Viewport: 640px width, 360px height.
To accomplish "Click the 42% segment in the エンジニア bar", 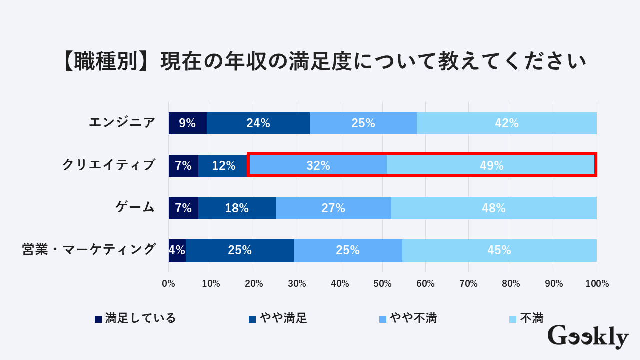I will click(x=507, y=123).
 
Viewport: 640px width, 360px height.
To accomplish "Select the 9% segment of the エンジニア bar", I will click(x=187, y=123).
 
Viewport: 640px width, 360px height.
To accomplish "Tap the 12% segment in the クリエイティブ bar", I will click(x=223, y=166).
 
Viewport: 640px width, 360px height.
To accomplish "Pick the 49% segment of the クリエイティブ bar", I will click(x=491, y=166).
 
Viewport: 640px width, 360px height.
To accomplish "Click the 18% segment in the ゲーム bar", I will click(x=237, y=208).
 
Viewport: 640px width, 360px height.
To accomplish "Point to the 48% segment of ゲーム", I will click(x=494, y=208).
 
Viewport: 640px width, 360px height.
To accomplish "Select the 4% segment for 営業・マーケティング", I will click(x=177, y=250).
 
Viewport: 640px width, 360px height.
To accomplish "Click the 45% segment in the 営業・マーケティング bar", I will click(x=499, y=250).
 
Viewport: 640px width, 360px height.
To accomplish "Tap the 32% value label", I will click(x=318, y=166).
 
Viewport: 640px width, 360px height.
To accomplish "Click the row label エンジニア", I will click(x=122, y=122).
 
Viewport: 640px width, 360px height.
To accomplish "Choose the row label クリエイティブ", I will click(x=109, y=165).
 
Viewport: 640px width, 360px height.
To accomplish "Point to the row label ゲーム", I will click(x=135, y=207).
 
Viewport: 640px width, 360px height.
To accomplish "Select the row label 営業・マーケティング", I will click(x=89, y=249).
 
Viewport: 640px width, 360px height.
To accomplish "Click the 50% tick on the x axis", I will click(x=383, y=284).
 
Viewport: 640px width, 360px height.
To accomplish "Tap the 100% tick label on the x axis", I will click(x=597, y=284).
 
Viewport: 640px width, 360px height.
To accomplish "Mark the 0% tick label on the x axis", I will click(x=169, y=284).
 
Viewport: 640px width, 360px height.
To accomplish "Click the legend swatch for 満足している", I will click(x=98, y=319).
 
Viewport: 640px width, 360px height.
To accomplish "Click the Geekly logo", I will click(x=588, y=336).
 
